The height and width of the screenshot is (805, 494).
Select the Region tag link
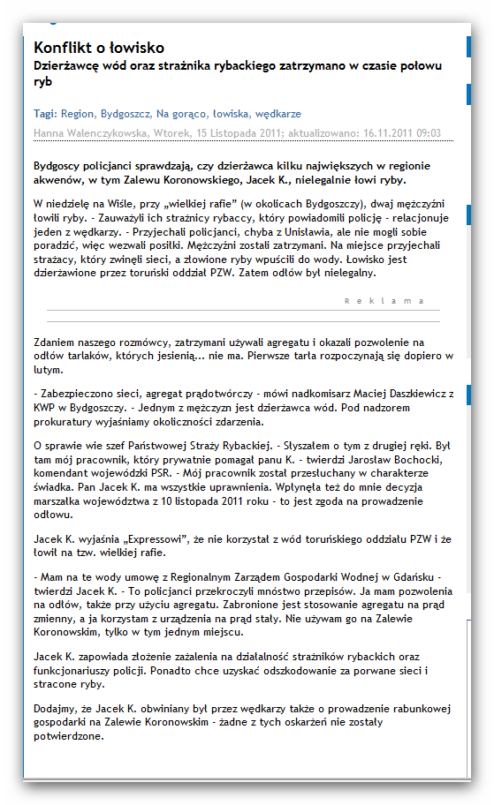pos(77,114)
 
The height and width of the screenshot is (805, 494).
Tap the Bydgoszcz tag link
pos(125,114)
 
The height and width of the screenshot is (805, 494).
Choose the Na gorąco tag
pos(180,114)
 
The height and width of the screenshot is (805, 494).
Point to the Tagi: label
pos(45,114)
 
